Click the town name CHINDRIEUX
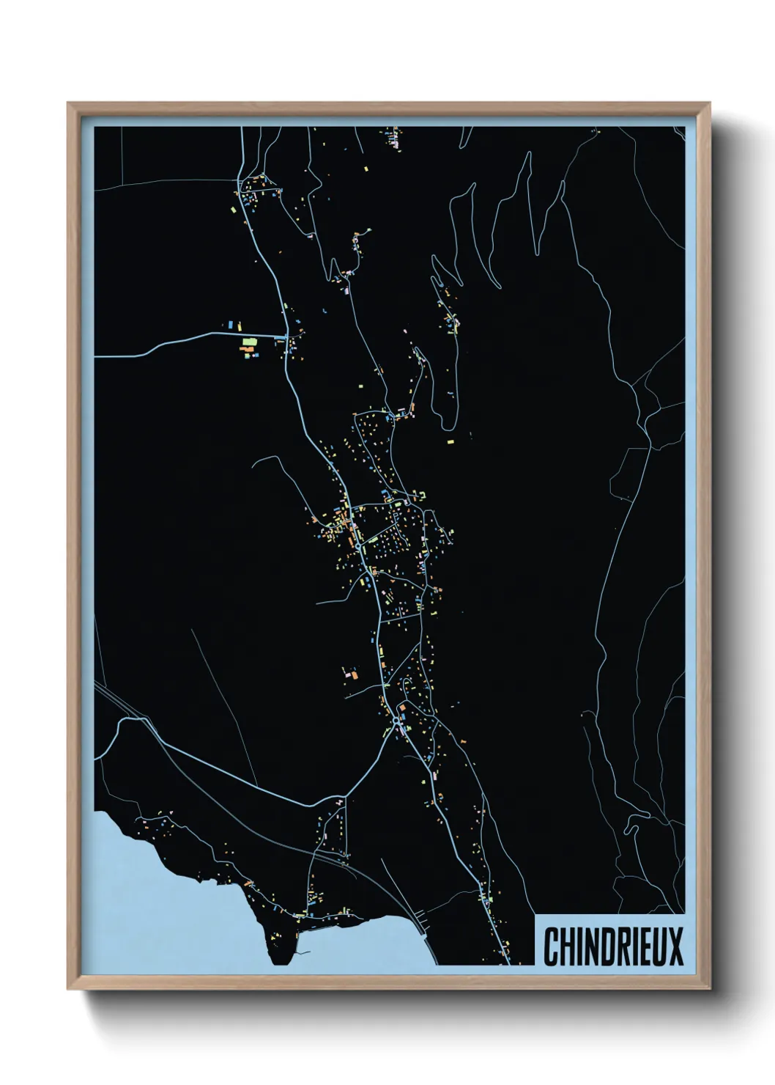pos(613,946)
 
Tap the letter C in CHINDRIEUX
pos(552,946)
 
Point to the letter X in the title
pos(675,946)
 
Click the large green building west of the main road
pos(249,342)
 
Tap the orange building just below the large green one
pos(247,351)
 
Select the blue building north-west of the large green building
pos(231,323)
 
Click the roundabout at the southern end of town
pos(396,721)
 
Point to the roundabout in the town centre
pos(357,545)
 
